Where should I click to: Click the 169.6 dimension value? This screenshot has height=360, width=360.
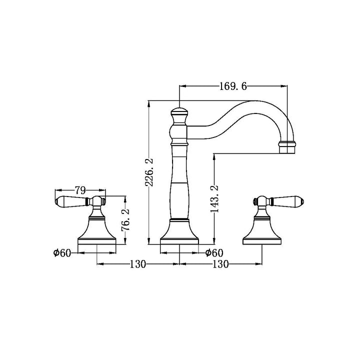coord(233,86)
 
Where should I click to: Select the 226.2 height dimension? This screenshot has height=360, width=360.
coord(149,172)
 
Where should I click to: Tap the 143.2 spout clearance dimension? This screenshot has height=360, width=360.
coord(214,199)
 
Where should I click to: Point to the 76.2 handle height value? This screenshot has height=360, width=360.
coord(125,219)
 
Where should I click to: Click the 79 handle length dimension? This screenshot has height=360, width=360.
coord(80,190)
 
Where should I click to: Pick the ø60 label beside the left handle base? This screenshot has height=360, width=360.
coord(62,253)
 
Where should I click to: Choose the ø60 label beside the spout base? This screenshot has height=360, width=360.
coord(214,253)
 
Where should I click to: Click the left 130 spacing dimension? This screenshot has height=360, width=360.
coord(138,264)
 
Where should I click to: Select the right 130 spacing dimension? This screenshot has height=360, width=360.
coord(220,264)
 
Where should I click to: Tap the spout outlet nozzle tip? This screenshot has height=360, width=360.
coord(287,147)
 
